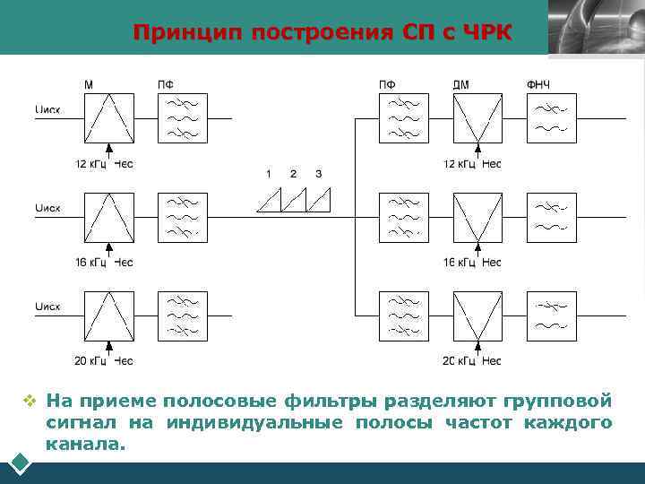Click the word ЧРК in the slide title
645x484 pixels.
pyautogui.click(x=489, y=33)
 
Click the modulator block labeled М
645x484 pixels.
pyautogui.click(x=109, y=117)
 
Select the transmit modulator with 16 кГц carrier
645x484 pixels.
pyautogui.click(x=109, y=217)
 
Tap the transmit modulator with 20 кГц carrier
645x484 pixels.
pyautogui.click(x=109, y=315)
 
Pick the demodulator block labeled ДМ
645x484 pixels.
pyautogui.click(x=477, y=117)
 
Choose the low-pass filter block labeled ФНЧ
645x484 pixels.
pyautogui.click(x=551, y=117)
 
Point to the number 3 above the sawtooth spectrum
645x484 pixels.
pyautogui.click(x=318, y=173)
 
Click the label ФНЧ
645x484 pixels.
pyautogui.click(x=538, y=85)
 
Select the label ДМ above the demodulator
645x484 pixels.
pyautogui.click(x=460, y=85)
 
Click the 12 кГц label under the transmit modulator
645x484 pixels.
pyautogui.click(x=91, y=164)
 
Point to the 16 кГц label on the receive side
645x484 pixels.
pyautogui.click(x=460, y=263)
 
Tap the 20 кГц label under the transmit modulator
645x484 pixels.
pyautogui.click(x=91, y=361)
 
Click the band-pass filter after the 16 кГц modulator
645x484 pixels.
pyautogui.click(x=183, y=217)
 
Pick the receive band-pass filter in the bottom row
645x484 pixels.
pyautogui.click(x=403, y=315)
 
